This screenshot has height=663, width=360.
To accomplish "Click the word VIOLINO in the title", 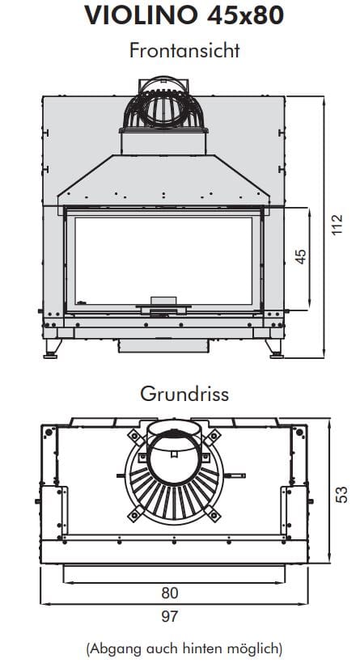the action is coord(142,15).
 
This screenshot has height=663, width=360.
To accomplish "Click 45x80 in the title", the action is coord(245,15).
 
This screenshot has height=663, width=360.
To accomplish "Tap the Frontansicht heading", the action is coord(184,51).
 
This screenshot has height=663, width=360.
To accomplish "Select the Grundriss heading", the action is coord(184,394).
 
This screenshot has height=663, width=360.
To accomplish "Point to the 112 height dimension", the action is coord(337,225).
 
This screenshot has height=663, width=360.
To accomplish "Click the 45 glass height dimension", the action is coord(301,256).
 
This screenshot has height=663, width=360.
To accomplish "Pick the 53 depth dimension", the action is coord(342,494).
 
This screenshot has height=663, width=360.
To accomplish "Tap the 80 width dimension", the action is coord(170,593).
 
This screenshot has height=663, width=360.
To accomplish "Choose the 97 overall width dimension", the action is coord(170,616).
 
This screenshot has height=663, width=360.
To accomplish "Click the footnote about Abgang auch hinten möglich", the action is coord(184,648).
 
